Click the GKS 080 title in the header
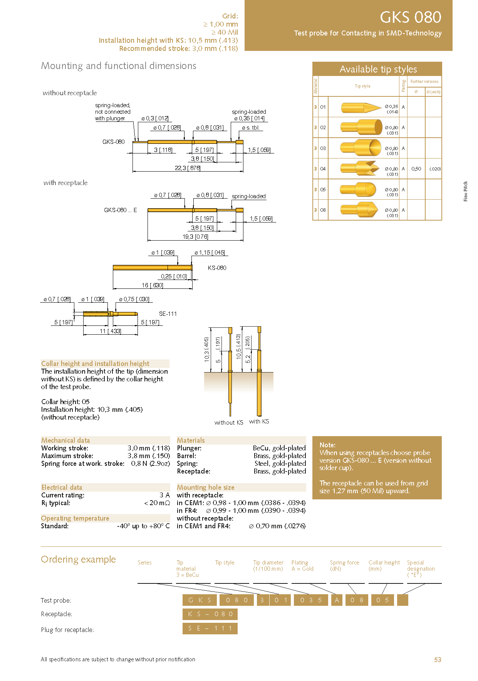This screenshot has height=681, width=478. [x=410, y=17]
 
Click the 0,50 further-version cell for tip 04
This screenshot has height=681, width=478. [x=416, y=169]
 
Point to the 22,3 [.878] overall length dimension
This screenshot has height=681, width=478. [x=188, y=168]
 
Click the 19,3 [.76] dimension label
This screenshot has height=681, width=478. [x=195, y=237]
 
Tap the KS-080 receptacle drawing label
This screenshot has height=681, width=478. [x=217, y=268]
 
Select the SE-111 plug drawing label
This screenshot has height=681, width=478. [x=168, y=314]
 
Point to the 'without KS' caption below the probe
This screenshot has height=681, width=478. [x=229, y=423]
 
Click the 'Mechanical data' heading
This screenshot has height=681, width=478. [x=65, y=440]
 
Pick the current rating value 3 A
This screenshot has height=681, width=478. [x=164, y=495]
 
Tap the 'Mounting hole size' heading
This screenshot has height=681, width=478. [x=205, y=487]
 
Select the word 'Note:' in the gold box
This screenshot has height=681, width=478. [x=327, y=445]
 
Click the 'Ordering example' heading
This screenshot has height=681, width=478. [x=78, y=560]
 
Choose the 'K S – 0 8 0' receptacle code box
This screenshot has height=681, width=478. [x=210, y=614]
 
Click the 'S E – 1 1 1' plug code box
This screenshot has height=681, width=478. [x=210, y=629]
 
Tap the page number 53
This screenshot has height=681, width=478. [x=438, y=660]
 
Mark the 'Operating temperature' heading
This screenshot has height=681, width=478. [x=75, y=518]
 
